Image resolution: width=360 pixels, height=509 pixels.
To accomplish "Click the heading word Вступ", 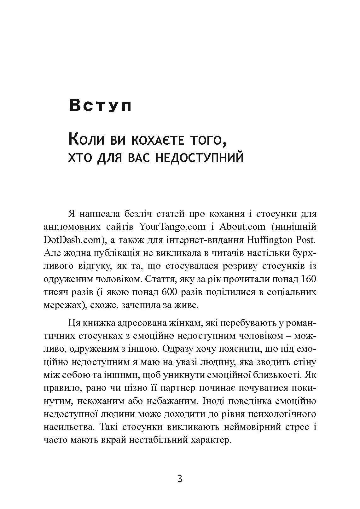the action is [x=100, y=105].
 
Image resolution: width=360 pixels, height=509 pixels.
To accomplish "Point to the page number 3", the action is [x=180, y=479].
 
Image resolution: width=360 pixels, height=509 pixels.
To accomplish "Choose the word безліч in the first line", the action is [x=135, y=214].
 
